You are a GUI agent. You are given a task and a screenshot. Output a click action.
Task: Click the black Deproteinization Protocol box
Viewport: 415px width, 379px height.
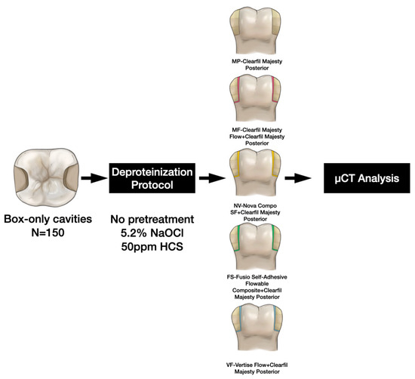pyautogui.click(x=152, y=178)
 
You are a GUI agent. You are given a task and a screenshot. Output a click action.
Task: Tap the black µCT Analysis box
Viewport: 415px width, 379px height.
pyautogui.click(x=367, y=178)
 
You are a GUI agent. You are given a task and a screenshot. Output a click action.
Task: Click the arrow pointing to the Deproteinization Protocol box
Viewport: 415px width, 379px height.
pyautogui.click(x=94, y=178)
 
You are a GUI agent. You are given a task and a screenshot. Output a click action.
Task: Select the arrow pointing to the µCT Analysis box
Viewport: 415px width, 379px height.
pyautogui.click(x=297, y=178)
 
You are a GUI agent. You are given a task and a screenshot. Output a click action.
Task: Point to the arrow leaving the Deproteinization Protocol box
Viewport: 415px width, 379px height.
pyautogui.click(x=212, y=178)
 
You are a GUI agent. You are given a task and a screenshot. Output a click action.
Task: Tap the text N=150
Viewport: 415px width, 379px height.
pyautogui.click(x=48, y=233)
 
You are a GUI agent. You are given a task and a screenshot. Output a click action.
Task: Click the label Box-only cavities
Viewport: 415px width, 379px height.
pyautogui.click(x=48, y=219)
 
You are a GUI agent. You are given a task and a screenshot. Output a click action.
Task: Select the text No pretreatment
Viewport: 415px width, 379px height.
pyautogui.click(x=152, y=219)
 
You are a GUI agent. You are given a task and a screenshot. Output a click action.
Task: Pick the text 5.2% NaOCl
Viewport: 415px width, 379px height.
pyautogui.click(x=152, y=233)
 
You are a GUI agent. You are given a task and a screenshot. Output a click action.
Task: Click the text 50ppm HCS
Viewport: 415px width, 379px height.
pyautogui.click(x=152, y=247)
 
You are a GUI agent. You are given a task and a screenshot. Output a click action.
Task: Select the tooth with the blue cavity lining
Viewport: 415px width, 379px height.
pyautogui.click(x=257, y=328)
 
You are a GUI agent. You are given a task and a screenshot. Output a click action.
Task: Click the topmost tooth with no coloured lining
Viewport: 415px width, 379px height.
pyautogui.click(x=255, y=29)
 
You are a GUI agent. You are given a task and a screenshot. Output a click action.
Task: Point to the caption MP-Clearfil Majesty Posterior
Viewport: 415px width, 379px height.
pyautogui.click(x=257, y=65)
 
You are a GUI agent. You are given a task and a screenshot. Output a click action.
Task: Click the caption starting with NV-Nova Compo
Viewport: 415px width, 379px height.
pyautogui.click(x=255, y=212)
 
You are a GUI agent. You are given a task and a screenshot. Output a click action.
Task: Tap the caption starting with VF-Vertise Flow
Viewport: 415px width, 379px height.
pyautogui.click(x=257, y=368)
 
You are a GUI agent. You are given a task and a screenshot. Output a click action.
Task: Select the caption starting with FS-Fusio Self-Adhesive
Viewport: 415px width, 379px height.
pyautogui.click(x=257, y=287)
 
